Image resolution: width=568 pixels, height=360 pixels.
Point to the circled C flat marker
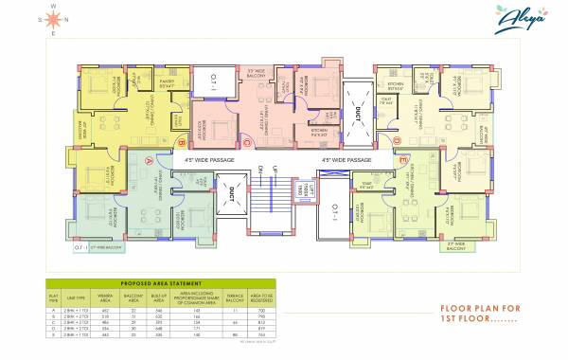point(245,143)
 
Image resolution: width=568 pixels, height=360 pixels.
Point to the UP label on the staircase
point(275,171)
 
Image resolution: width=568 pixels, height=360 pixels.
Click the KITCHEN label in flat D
point(389,82)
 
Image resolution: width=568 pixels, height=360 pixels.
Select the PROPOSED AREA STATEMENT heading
point(158,282)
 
